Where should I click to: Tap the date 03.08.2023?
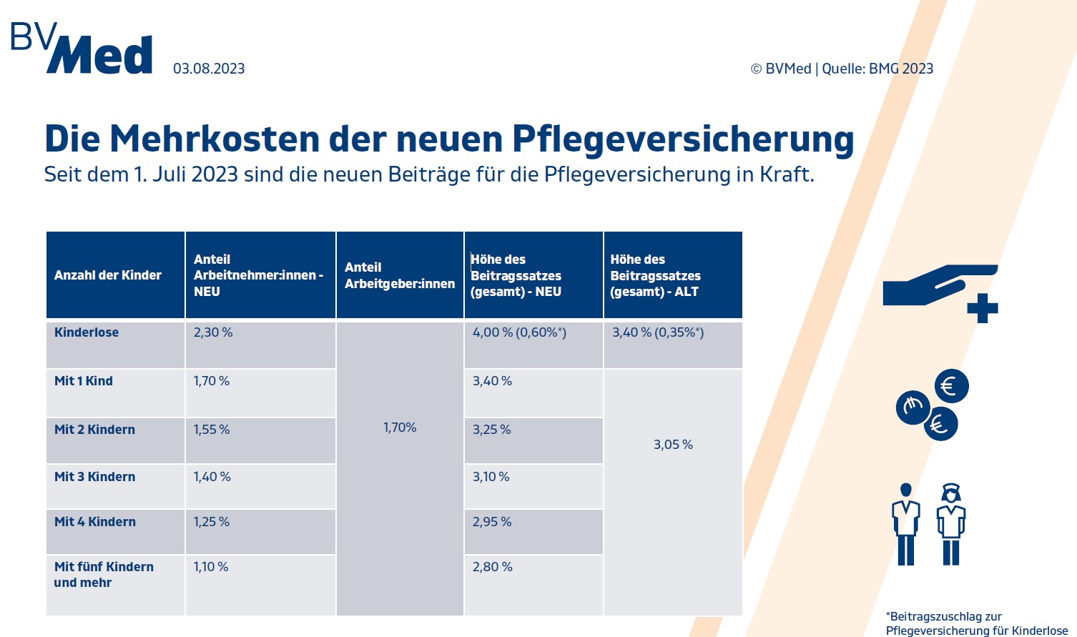(x=209, y=69)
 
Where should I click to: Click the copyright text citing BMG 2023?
(x=842, y=69)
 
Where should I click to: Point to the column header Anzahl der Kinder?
(x=108, y=275)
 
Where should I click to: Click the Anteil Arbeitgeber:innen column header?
(x=400, y=275)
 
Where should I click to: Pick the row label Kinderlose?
(x=87, y=332)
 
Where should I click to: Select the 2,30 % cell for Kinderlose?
(x=213, y=332)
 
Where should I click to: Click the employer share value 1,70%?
(x=400, y=428)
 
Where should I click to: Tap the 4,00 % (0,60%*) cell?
(x=519, y=332)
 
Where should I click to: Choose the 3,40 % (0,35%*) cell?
(x=658, y=332)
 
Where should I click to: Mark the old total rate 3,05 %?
(x=673, y=445)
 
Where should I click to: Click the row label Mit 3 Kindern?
(x=94, y=477)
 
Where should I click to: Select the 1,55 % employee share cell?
(x=212, y=430)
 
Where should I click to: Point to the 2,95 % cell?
(x=492, y=522)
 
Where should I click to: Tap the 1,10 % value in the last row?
(x=211, y=567)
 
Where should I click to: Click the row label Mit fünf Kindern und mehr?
(x=104, y=575)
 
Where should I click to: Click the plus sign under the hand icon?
(x=982, y=308)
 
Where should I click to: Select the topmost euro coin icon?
(x=951, y=387)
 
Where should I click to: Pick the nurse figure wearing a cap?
(x=950, y=524)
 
